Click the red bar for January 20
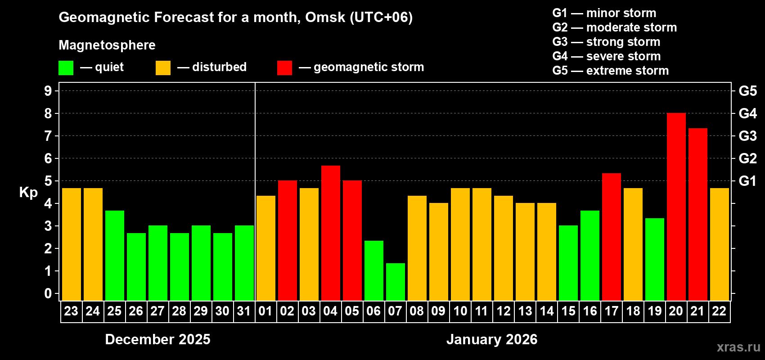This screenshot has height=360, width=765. (676, 207)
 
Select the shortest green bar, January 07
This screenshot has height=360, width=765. (395, 282)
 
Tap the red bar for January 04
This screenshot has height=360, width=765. (330, 233)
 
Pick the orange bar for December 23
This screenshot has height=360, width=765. (71, 244)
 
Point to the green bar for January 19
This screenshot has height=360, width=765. (654, 260)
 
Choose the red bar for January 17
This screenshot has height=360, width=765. (611, 237)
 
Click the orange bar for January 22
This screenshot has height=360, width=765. (719, 244)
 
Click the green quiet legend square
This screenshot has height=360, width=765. (66, 68)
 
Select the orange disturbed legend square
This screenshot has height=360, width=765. (163, 68)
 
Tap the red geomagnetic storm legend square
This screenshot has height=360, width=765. (284, 68)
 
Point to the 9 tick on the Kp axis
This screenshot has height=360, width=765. (48, 91)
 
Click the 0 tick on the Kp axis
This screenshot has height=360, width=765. (48, 294)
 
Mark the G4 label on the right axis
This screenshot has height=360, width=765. (747, 113)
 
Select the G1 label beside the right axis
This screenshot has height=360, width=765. (747, 181)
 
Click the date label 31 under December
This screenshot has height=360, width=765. (244, 311)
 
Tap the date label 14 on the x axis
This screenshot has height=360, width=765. (546, 311)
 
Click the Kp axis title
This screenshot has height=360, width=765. (28, 193)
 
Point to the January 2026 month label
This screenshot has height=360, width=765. (492, 339)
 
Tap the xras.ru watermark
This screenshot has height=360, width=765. (738, 347)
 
